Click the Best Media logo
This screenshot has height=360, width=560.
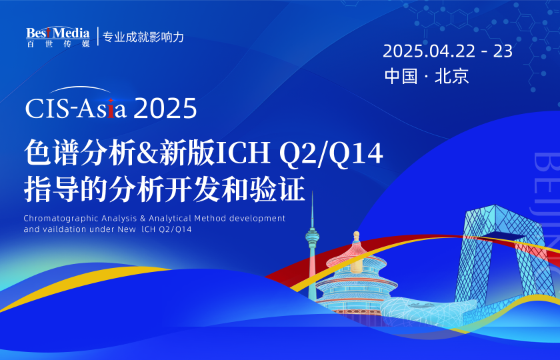pos(57,37)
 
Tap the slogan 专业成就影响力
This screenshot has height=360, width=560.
pos(143,37)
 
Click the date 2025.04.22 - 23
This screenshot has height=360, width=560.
pos(447,51)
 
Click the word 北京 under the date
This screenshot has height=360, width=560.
pos(452,76)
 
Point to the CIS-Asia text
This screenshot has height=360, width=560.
pos(75,108)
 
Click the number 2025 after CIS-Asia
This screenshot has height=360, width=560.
pos(165,109)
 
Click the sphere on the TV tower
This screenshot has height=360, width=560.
pos(311,235)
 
